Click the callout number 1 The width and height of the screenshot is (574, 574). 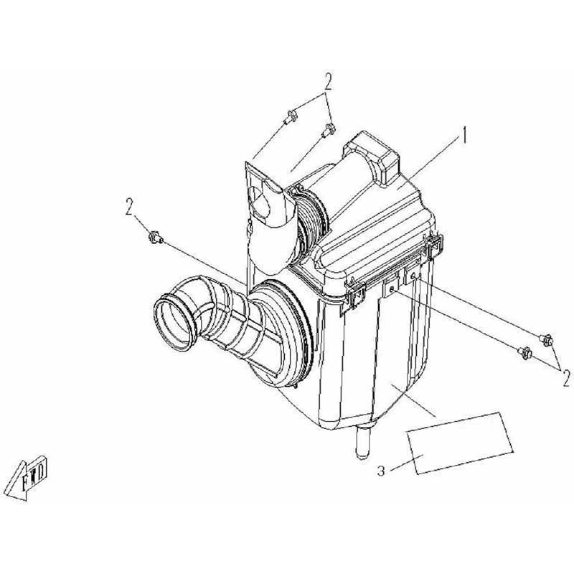point(464,135)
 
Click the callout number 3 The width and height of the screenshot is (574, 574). point(381,471)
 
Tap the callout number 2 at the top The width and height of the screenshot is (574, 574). point(328,82)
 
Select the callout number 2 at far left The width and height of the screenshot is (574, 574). point(129,207)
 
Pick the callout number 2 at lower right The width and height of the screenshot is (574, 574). point(566,378)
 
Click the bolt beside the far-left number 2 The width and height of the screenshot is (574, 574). point(156,237)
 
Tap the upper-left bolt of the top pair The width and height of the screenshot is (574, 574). point(291,116)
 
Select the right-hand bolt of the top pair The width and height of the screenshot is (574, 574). point(329,130)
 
